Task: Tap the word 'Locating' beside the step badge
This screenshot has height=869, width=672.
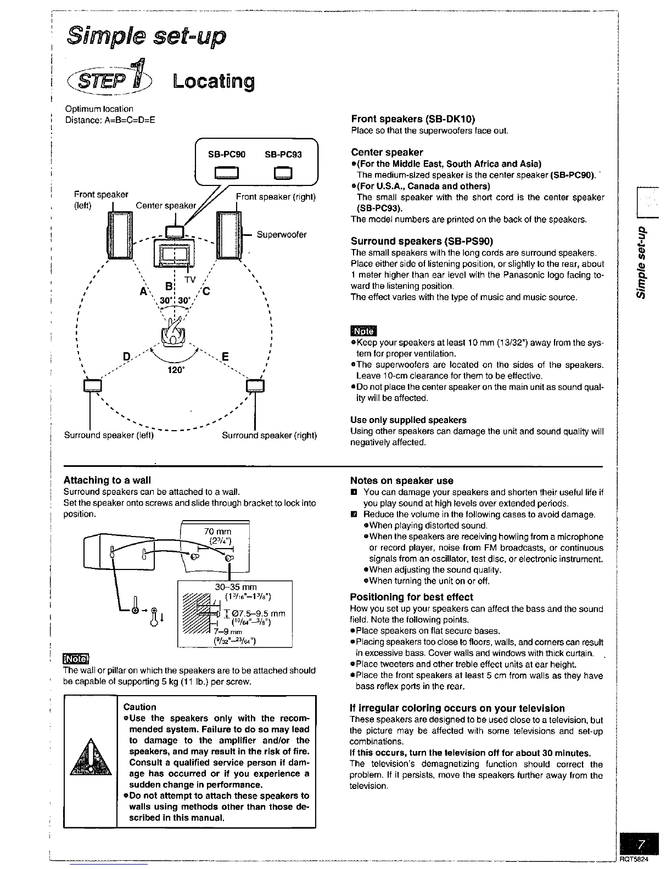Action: (214, 82)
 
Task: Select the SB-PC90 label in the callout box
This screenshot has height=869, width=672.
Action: (226, 155)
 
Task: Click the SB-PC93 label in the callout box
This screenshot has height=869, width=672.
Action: (283, 155)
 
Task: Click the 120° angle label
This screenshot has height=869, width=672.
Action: (175, 370)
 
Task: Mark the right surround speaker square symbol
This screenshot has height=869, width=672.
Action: (255, 385)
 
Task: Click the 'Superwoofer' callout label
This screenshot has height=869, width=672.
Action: (282, 235)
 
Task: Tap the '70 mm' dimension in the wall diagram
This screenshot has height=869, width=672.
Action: (217, 531)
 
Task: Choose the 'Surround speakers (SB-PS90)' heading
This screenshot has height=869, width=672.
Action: (422, 241)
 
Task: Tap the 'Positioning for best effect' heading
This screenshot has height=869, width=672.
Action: (411, 597)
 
